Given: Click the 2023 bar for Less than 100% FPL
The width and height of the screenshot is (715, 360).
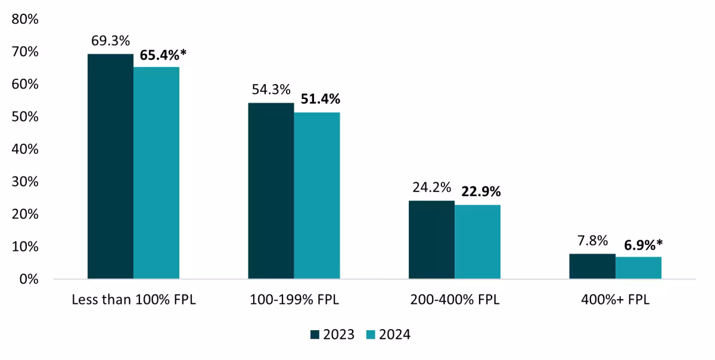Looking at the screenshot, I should point(110,166).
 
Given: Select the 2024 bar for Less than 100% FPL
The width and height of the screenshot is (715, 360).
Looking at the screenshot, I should point(156,173).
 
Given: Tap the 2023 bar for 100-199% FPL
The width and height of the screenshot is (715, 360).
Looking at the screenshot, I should point(271,191).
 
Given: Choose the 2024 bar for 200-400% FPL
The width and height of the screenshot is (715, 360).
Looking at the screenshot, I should point(477,242).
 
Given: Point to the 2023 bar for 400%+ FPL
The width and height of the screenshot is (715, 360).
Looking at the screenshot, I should point(592,266).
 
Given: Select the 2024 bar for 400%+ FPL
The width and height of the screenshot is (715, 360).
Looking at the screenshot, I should point(638,268).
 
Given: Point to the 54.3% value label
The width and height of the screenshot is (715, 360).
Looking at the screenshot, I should point(271,90).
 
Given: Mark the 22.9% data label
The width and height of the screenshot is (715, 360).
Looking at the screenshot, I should point(480,192).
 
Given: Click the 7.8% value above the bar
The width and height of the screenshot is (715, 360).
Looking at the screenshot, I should point(592,241).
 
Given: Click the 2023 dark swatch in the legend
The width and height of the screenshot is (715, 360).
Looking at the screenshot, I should point(315,335).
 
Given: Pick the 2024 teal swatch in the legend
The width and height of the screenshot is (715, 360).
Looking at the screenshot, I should point(371,335).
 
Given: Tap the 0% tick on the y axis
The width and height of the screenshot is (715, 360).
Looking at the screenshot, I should point(29,279).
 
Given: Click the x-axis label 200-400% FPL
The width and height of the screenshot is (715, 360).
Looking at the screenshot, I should point(455,300).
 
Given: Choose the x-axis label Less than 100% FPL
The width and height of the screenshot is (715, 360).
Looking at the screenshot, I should point(133,300).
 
